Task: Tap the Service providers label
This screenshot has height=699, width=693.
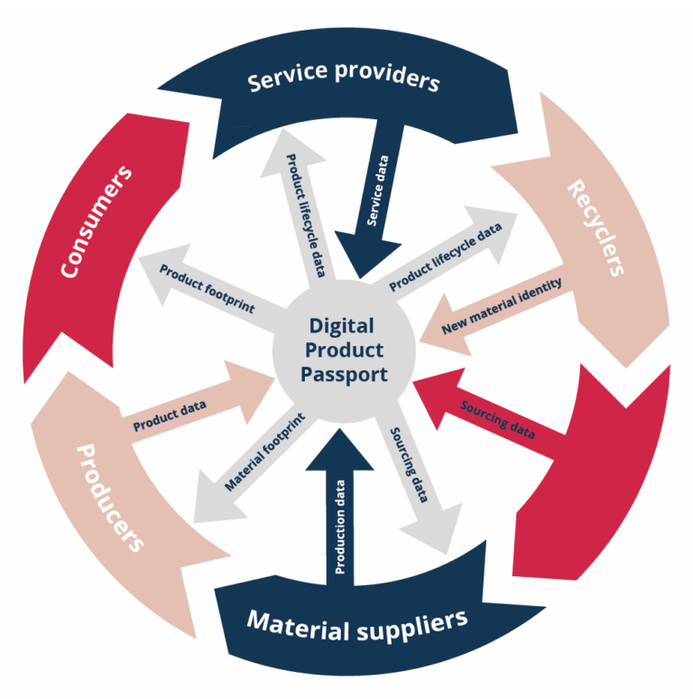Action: [344, 79]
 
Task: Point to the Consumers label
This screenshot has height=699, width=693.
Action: [96, 220]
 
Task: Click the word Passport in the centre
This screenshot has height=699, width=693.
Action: [345, 372]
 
